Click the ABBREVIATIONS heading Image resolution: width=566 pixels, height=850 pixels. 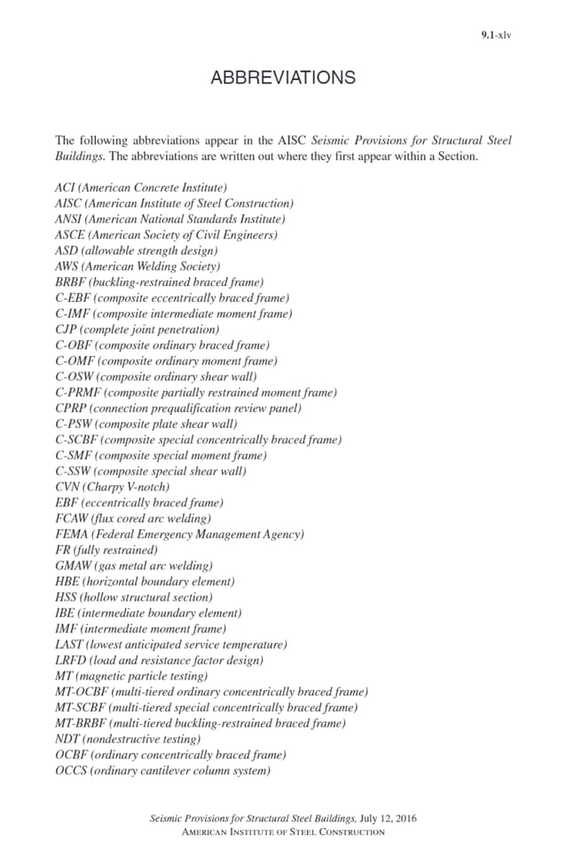[x=283, y=78]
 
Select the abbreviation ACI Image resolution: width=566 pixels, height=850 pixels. [x=66, y=187]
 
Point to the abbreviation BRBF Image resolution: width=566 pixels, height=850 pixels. [x=70, y=282]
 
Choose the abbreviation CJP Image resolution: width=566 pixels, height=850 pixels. [x=67, y=330]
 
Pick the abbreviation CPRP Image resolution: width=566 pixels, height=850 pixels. [x=71, y=408]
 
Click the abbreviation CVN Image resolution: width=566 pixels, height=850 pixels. [x=67, y=487]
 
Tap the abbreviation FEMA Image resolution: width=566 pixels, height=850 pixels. [x=71, y=534]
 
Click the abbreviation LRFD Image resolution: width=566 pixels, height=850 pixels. [x=70, y=660]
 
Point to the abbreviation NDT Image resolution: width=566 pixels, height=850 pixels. [x=67, y=739]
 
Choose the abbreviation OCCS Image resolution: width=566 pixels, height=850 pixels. [x=71, y=770]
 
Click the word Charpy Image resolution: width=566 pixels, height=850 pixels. [x=111, y=487]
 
